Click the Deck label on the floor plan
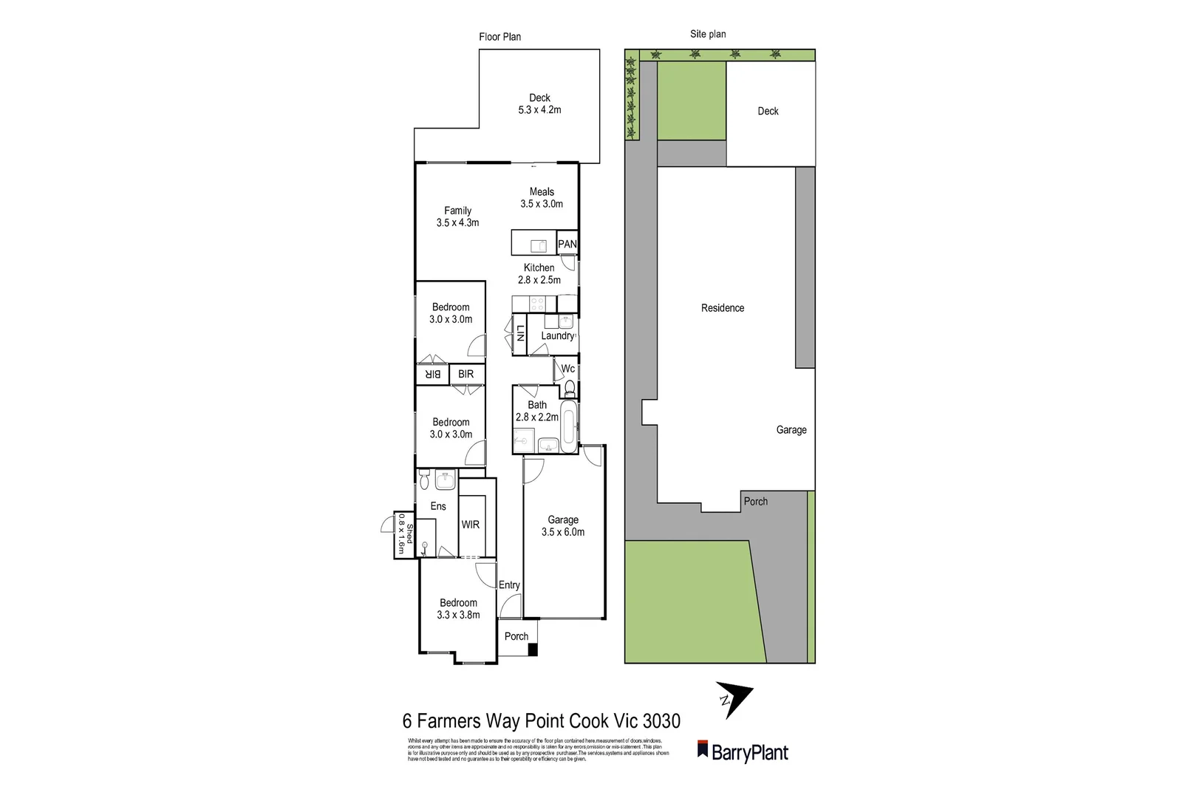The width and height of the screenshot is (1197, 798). click(x=539, y=98)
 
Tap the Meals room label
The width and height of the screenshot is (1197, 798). click(x=542, y=192)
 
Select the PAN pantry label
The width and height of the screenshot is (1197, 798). click(x=567, y=244)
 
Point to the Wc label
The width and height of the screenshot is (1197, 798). click(x=567, y=369)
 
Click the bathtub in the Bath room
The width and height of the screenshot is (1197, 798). click(x=569, y=428)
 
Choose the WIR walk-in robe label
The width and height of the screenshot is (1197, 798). click(x=470, y=525)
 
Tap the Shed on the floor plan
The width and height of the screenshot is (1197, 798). click(x=403, y=535)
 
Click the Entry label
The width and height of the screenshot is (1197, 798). click(x=509, y=585)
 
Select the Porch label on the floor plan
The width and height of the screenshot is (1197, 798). click(x=516, y=636)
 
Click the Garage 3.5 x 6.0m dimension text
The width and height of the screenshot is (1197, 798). click(x=563, y=532)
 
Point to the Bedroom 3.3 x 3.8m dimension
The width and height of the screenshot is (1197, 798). click(x=458, y=615)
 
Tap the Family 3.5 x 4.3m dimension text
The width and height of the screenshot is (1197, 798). click(x=458, y=222)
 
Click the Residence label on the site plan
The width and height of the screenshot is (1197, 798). click(x=723, y=308)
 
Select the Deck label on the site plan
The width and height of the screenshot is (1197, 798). click(x=768, y=111)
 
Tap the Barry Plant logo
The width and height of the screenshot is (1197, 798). click(x=743, y=751)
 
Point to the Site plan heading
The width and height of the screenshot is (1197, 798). click(x=708, y=34)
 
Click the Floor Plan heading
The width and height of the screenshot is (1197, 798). click(x=500, y=37)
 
